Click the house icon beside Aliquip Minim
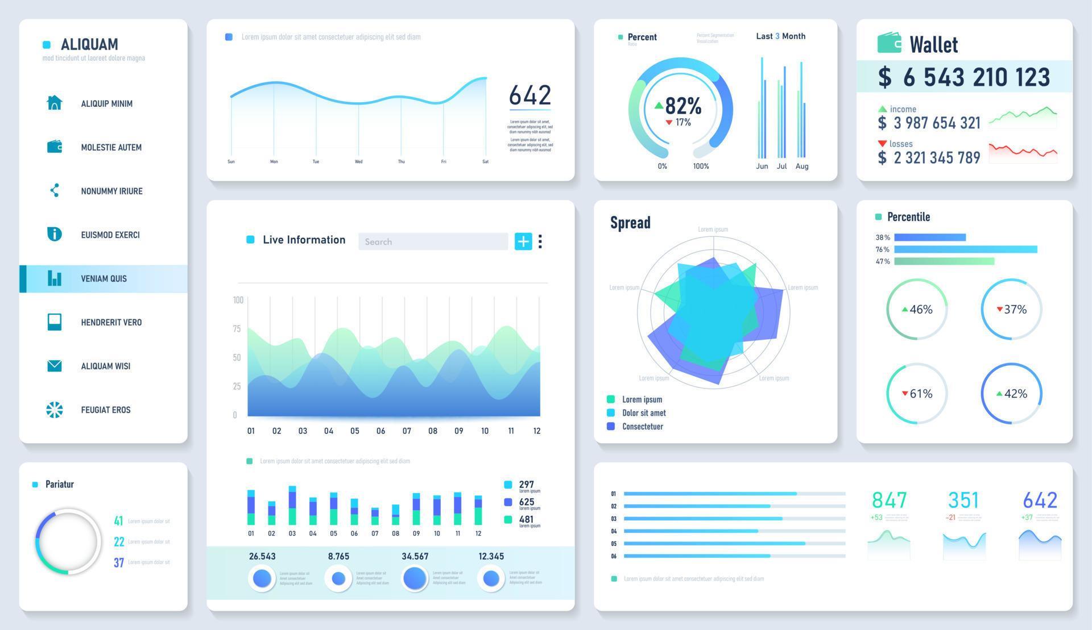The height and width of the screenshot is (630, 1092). point(54,103)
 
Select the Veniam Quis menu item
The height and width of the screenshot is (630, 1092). point(104,278)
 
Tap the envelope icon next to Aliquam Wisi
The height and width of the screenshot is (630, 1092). point(54,366)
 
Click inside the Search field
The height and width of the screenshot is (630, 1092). point(433,241)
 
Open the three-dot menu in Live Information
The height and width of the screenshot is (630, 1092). point(540,241)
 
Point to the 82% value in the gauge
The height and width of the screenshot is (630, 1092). point(682,106)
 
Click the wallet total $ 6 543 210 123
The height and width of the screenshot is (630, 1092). point(964,77)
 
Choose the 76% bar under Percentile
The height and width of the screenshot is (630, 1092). point(965,249)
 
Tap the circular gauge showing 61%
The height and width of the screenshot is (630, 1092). point(916,393)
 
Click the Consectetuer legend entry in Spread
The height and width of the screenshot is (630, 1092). point(642,427)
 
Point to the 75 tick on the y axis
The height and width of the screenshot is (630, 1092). point(237,329)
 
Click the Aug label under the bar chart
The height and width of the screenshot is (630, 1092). point(801,166)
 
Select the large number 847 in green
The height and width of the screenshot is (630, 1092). point(889,500)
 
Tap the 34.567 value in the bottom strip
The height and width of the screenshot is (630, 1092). point(415,556)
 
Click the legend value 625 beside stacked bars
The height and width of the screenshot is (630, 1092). point(526,502)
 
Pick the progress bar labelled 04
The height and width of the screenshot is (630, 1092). point(734,531)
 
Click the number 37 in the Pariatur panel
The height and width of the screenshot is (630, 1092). point(119,562)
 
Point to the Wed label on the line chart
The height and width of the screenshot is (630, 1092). point(358,162)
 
